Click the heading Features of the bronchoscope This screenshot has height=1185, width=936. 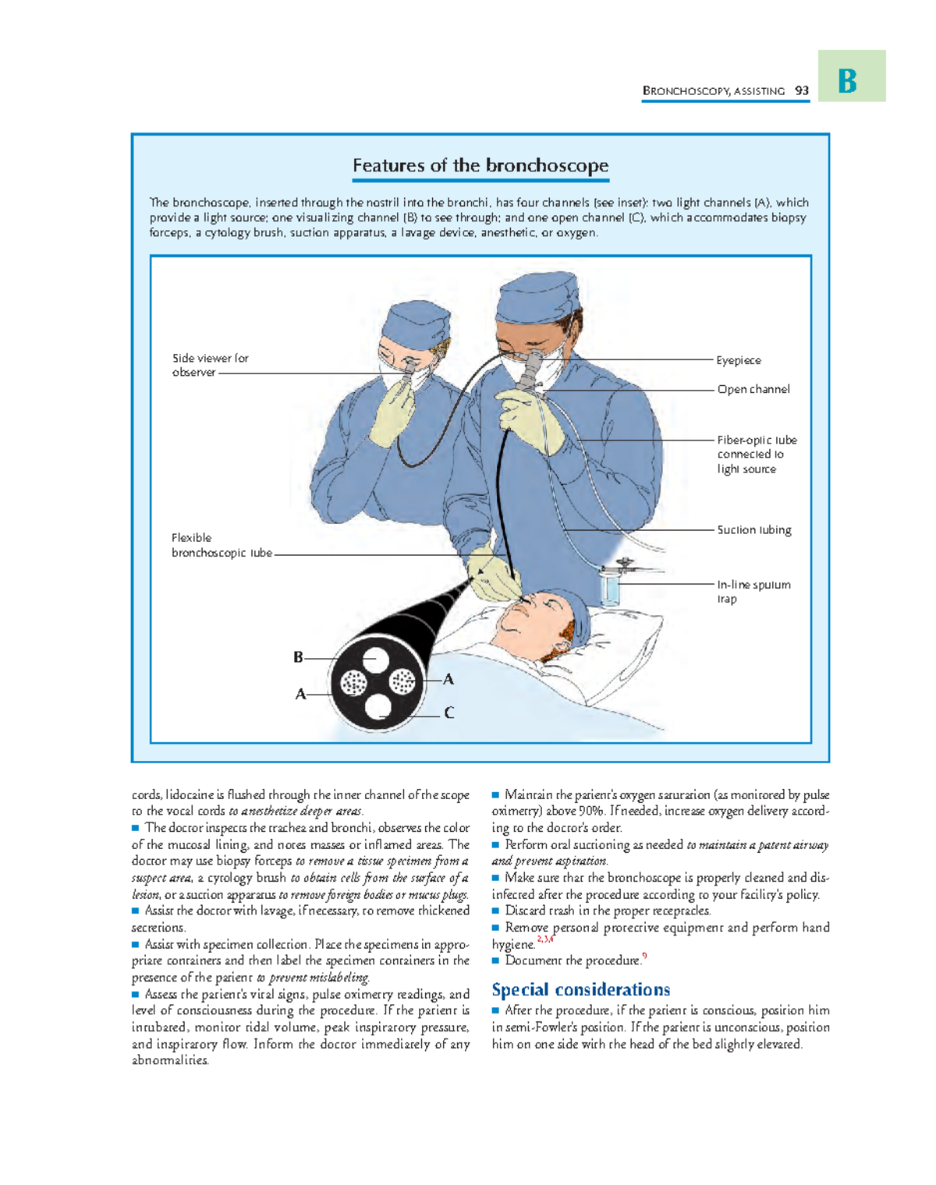[480, 165]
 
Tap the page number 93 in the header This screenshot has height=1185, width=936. [802, 90]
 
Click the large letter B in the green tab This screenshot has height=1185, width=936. [848, 80]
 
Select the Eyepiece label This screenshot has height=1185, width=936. [738, 360]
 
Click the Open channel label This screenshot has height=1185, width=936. [753, 389]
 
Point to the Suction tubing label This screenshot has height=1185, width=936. [753, 529]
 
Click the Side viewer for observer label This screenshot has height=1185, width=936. [209, 365]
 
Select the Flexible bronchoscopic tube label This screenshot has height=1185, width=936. [221, 545]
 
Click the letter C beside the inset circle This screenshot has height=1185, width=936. [449, 713]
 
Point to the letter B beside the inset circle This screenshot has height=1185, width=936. [298, 657]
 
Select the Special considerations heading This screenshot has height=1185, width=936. [580, 989]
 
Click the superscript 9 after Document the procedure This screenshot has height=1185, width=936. [644, 956]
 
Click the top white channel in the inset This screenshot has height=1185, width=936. [375, 660]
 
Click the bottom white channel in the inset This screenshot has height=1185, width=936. [378, 706]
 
